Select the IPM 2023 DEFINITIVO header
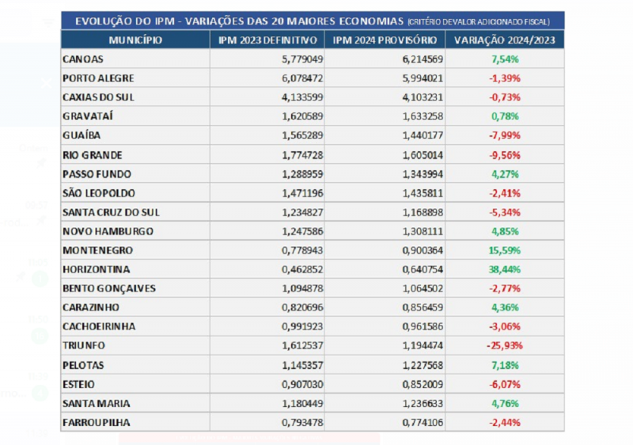267,40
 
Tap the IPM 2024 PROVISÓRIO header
385,40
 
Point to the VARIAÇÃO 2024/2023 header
505,40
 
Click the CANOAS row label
82,59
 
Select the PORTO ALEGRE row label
98,78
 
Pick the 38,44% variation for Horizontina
505,269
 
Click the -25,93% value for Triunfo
505,346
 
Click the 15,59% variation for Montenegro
505,250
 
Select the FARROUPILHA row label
96,423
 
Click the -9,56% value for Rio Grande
505,155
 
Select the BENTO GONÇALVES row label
108,288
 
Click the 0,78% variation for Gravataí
505,116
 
